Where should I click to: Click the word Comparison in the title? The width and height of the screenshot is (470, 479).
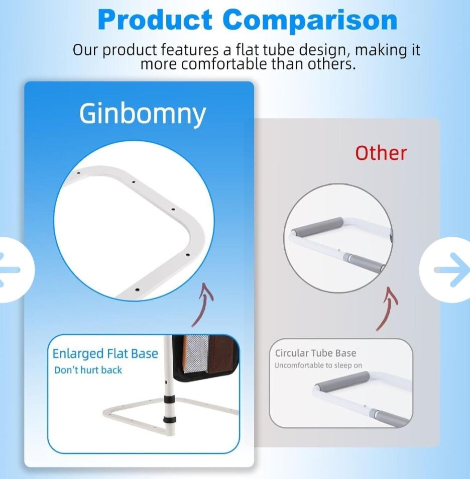pos(310,20)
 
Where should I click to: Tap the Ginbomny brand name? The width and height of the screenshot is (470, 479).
pos(143,114)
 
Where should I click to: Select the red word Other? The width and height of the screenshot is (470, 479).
pos(381,152)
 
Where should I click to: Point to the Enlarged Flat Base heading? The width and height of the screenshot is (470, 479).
pos(105,353)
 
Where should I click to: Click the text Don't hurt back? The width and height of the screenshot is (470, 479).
pos(88,370)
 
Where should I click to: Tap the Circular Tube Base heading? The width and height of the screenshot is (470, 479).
pos(315,353)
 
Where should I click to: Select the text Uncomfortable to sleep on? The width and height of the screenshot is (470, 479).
pos(318,365)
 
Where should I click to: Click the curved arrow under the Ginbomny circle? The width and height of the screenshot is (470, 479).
pos(203,306)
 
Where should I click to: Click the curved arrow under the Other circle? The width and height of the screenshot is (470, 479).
pos(387,309)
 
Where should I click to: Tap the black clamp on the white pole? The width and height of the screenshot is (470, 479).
pos(169,399)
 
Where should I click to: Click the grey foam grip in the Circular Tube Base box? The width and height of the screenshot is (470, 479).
pos(342,380)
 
